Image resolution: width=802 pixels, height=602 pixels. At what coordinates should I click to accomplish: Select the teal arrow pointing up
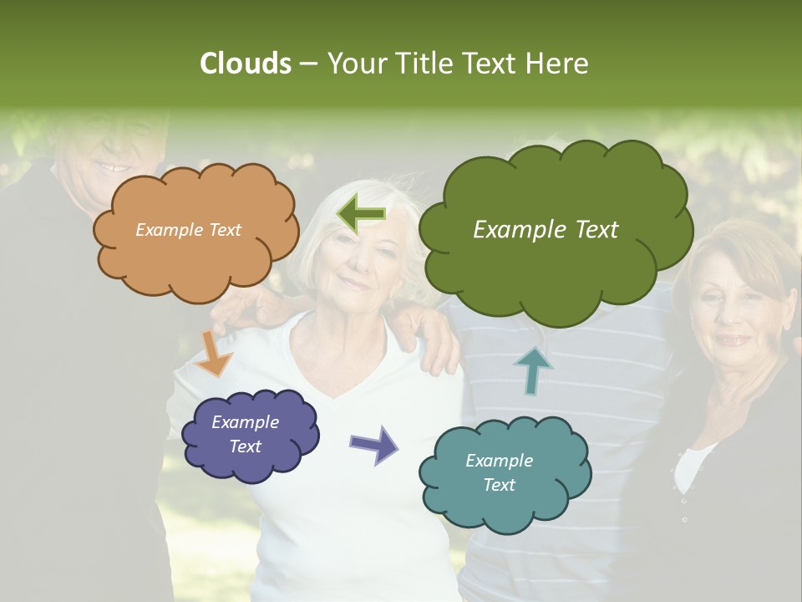point(533,370)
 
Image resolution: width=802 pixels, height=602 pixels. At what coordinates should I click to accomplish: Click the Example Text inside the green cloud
point(546,230)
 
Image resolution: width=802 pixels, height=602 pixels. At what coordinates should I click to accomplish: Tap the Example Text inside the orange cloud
point(188,230)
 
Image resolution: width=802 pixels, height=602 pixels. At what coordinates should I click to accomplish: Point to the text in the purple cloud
point(245,434)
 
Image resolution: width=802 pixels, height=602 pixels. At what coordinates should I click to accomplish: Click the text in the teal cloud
point(499,472)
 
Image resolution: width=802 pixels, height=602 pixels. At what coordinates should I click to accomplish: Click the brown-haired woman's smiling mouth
point(733,341)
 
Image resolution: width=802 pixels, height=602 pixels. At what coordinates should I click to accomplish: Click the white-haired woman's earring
point(388,298)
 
